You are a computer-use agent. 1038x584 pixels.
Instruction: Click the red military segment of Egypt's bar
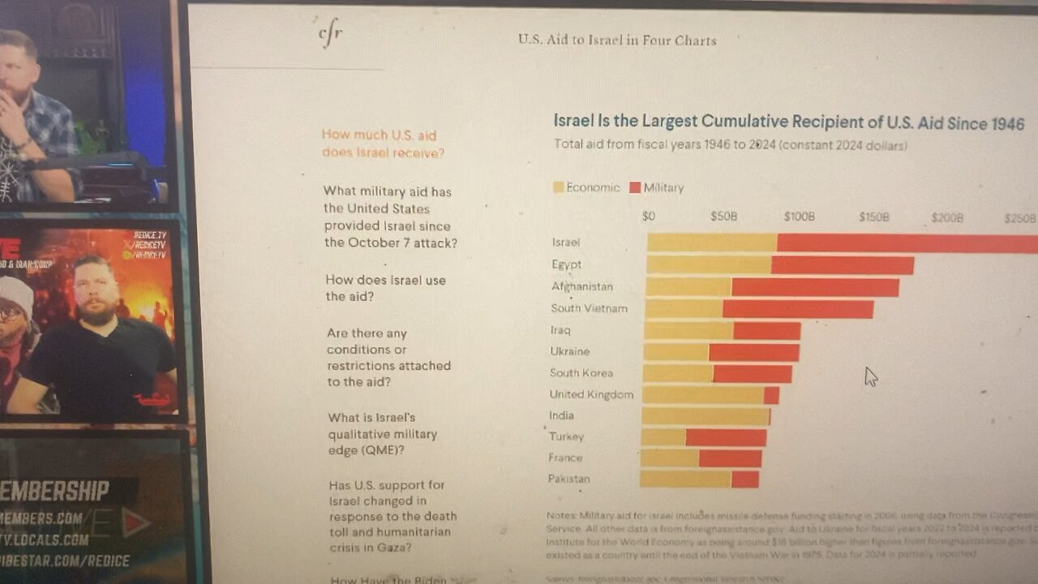pyautogui.click(x=842, y=265)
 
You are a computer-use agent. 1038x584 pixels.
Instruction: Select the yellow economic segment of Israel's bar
pyautogui.click(x=711, y=243)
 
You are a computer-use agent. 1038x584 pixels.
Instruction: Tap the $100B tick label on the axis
pyautogui.click(x=799, y=217)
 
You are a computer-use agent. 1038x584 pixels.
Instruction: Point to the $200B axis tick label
pyautogui.click(x=947, y=218)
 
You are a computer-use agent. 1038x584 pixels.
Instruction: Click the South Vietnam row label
pyautogui.click(x=589, y=308)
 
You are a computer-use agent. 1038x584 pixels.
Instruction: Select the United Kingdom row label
pyautogui.click(x=591, y=394)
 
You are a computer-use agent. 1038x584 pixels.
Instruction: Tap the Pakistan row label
pyautogui.click(x=569, y=479)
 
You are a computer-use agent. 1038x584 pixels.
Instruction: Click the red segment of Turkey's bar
pyautogui.click(x=725, y=438)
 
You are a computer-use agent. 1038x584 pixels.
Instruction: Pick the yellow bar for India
pyautogui.click(x=705, y=417)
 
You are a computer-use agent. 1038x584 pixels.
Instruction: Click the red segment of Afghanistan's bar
pyautogui.click(x=815, y=287)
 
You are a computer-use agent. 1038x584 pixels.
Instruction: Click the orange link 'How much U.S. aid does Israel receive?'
pyautogui.click(x=382, y=144)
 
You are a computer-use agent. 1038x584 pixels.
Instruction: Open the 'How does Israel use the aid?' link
pyautogui.click(x=385, y=288)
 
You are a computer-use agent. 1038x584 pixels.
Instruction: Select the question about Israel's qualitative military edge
pyautogui.click(x=382, y=434)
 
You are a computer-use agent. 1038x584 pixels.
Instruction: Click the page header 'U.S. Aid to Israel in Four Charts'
pyautogui.click(x=617, y=40)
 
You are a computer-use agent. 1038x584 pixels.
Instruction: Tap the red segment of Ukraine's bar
pyautogui.click(x=753, y=352)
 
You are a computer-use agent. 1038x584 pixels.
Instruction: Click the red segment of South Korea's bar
pyautogui.click(x=752, y=374)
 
